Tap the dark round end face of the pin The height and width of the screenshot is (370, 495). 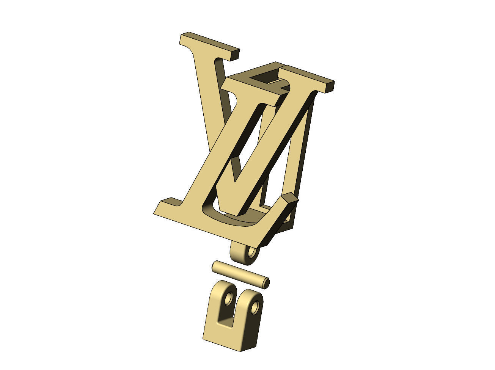click(266, 282)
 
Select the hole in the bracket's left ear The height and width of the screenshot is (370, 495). click(228, 299)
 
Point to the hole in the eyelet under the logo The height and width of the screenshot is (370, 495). click(251, 252)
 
